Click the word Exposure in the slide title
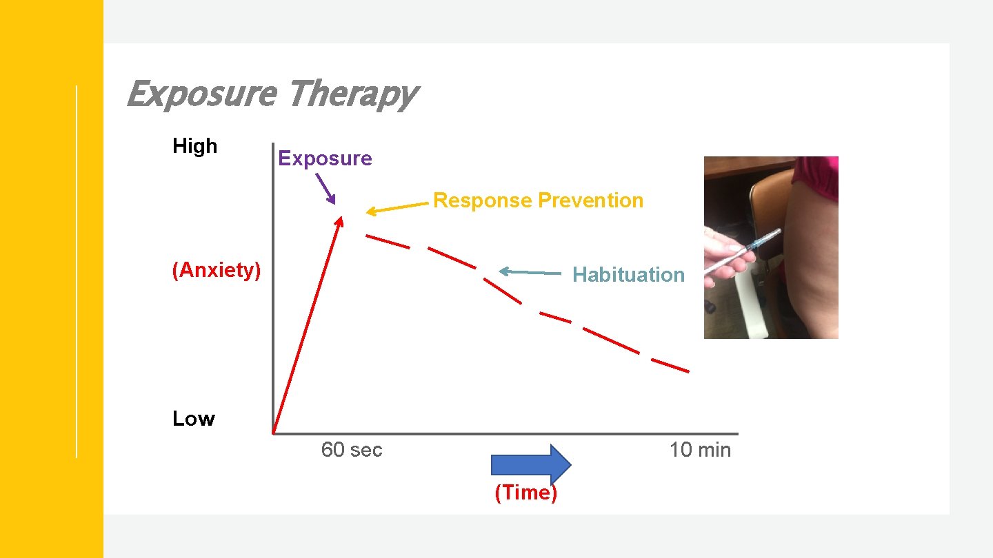click(x=202, y=94)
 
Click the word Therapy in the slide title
click(x=352, y=95)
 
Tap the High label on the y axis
click(x=194, y=146)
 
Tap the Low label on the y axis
click(x=194, y=419)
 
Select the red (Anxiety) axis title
click(x=217, y=270)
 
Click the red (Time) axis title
click(x=525, y=493)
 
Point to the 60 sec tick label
click(x=352, y=450)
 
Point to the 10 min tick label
click(x=700, y=450)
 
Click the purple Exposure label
click(x=325, y=158)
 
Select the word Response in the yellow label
click(x=483, y=200)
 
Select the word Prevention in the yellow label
click(x=590, y=200)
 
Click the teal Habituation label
click(x=628, y=275)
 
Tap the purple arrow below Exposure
click(x=325, y=187)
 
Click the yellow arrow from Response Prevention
click(x=397, y=207)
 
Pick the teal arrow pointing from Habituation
click(x=529, y=272)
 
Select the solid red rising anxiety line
click(x=308, y=324)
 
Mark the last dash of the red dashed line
click(x=670, y=366)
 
